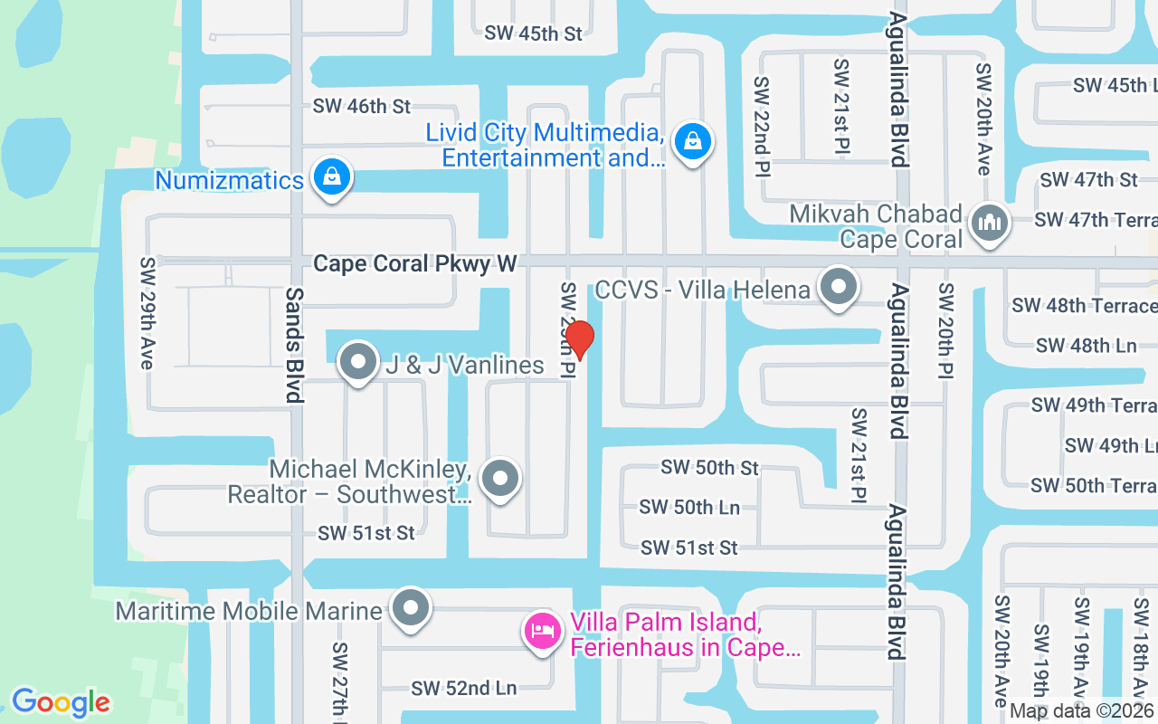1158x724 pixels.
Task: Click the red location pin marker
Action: tap(579, 339)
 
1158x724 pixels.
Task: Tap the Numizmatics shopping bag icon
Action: tap(332, 178)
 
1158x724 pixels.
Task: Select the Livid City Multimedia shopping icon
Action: tap(692, 141)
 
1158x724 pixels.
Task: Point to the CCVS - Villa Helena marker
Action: tap(839, 288)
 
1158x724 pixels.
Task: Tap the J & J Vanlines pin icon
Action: tap(358, 363)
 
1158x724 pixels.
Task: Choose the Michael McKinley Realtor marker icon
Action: tap(499, 480)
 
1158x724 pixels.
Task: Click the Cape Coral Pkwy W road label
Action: tap(415, 263)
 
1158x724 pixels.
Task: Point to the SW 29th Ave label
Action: tap(147, 313)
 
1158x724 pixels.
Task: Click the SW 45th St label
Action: tap(534, 33)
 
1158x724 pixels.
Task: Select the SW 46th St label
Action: tap(362, 106)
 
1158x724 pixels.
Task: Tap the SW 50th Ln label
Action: tap(689, 507)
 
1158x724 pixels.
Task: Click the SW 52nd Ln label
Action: tap(463, 688)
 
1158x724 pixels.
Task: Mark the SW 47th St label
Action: tap(1088, 179)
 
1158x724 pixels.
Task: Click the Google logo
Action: tap(61, 702)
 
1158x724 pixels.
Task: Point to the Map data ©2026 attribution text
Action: tap(1082, 711)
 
